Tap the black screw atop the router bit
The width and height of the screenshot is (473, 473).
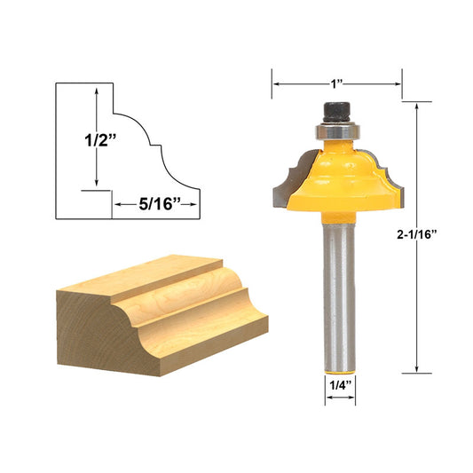point(336,113)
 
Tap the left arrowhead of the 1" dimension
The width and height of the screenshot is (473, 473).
point(276,83)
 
